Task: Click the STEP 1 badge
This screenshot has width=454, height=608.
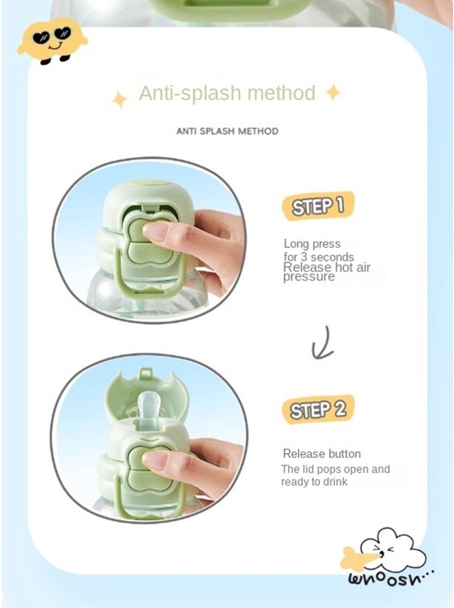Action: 318,205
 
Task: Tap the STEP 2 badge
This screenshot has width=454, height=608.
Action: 318,409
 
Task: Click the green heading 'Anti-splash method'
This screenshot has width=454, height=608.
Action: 227,93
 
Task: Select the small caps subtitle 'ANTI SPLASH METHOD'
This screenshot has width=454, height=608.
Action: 228,131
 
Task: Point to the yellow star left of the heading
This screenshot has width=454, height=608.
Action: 120,100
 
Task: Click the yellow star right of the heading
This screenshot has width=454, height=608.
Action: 333,93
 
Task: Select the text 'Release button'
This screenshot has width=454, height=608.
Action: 322,454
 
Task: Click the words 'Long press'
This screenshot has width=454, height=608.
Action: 312,244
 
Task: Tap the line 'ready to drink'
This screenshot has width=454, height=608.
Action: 314,482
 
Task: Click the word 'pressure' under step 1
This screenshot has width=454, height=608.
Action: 309,277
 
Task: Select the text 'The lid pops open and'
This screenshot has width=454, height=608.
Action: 335,469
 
